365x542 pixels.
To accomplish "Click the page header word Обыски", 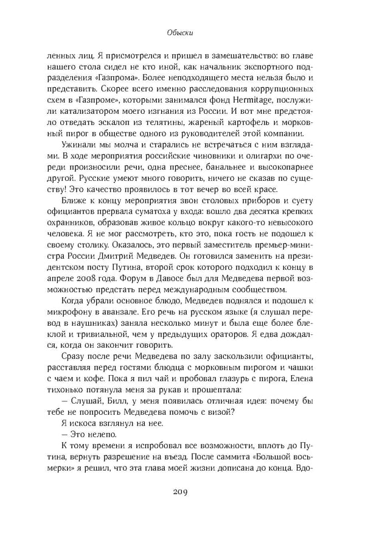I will click(182, 34).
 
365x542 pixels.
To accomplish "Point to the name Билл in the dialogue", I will click(111, 400).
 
